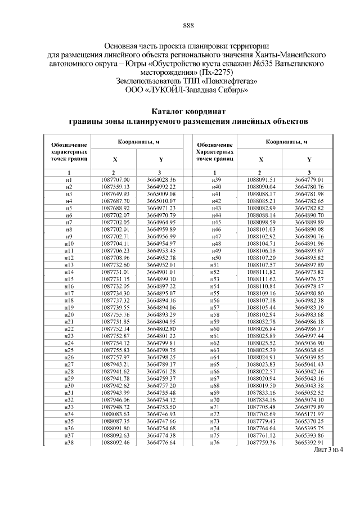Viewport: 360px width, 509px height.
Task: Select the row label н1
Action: (x=69, y=179)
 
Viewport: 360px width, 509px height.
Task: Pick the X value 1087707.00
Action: (x=115, y=179)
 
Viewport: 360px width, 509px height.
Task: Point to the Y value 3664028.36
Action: (x=161, y=179)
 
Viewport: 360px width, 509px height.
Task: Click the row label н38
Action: (x=69, y=443)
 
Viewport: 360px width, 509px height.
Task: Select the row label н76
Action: (x=214, y=443)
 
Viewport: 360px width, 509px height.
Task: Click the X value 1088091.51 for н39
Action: (x=260, y=179)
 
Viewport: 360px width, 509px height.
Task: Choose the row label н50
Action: (x=214, y=258)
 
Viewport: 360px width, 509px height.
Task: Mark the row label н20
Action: (x=69, y=314)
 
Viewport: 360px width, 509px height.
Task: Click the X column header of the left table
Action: (x=115, y=160)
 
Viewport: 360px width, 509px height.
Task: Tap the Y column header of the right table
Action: (x=309, y=160)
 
